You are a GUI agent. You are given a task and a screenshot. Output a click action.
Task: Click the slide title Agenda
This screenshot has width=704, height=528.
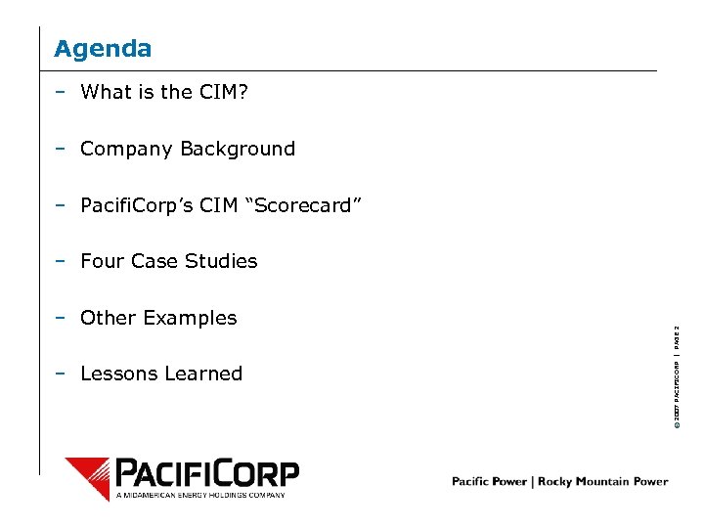tap(103, 48)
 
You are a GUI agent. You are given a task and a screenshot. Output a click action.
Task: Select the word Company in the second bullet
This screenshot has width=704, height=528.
tap(121, 150)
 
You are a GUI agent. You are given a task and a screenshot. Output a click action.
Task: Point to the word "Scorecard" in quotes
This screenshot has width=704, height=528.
tap(309, 205)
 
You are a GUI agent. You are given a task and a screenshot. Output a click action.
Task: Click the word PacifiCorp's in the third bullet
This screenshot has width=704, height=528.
tap(139, 205)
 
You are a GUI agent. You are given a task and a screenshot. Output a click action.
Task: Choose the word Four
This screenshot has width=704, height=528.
tap(102, 261)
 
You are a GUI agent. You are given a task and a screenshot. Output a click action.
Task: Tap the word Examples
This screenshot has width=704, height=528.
tap(189, 318)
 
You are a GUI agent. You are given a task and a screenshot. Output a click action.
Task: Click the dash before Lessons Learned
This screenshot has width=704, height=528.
tap(61, 374)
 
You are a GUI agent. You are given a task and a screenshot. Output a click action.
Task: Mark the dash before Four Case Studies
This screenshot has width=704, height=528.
tap(61, 261)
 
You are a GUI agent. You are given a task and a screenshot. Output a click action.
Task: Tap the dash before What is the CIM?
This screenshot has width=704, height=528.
tap(61, 93)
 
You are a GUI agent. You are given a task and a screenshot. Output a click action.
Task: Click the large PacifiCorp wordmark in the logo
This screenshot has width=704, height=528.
tap(206, 473)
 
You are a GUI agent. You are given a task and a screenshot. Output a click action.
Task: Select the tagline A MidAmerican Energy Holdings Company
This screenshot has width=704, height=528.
tap(200, 495)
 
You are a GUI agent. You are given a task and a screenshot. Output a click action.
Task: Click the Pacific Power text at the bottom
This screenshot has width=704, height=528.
tap(489, 481)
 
